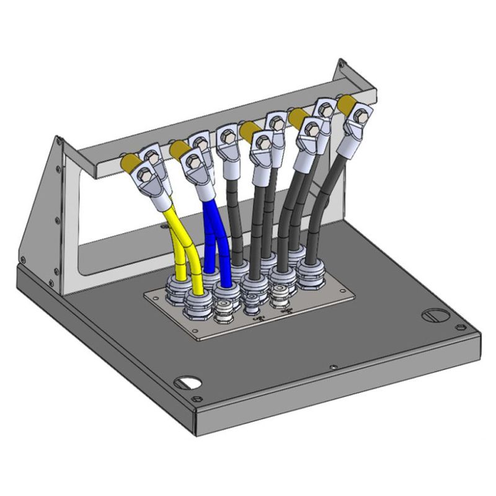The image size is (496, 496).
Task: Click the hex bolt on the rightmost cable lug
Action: point(359,114)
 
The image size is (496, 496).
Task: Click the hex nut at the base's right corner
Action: point(460,326)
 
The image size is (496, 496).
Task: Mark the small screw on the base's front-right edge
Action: point(334,367)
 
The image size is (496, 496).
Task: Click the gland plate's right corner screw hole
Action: point(347,291)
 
